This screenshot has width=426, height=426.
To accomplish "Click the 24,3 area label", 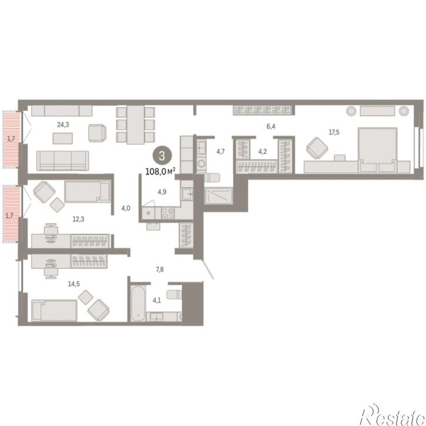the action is (63, 125).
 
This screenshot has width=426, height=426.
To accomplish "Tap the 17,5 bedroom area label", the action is (334, 132).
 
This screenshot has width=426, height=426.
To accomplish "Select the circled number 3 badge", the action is (162, 156).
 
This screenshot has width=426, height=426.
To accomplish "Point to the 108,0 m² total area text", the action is (160, 172).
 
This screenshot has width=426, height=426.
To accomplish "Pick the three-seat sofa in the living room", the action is (63, 160).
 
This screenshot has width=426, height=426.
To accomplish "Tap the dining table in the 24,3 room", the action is (136, 125).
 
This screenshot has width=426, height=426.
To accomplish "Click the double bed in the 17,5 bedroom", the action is (378, 150).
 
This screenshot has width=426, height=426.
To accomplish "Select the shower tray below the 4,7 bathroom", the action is (219, 195).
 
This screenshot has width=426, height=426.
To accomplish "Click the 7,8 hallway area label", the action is (160, 270).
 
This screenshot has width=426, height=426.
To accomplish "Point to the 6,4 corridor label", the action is (271, 126).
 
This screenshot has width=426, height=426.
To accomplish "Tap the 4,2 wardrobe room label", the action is (263, 152).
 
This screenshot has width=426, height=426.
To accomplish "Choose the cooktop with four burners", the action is (168, 213).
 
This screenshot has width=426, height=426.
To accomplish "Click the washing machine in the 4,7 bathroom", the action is (202, 163).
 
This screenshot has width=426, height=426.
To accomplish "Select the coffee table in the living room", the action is (63, 138).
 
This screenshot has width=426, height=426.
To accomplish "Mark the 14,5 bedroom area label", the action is (74, 284).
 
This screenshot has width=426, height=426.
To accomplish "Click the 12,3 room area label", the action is (78, 219).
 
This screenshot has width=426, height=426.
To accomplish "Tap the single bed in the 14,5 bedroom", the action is (54, 310).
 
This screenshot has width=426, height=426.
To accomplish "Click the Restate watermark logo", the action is (392, 415).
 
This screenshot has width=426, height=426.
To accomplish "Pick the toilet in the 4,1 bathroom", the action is (174, 294).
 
